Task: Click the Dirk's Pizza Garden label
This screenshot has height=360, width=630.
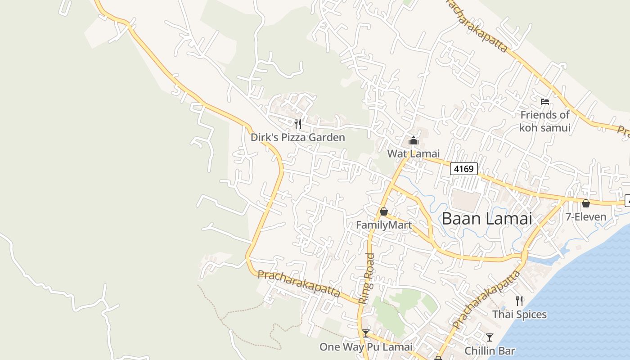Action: click(297, 137)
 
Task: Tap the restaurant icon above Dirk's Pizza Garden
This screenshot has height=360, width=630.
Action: click(297, 124)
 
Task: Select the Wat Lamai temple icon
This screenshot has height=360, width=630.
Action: click(413, 141)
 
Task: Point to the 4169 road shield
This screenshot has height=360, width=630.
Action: click(463, 169)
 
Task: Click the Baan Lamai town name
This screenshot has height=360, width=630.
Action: click(486, 219)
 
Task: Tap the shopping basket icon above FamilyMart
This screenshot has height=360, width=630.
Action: click(383, 211)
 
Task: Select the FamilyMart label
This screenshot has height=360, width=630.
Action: click(383, 225)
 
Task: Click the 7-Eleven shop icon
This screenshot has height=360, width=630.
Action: click(585, 203)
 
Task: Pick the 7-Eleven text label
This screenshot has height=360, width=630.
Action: click(585, 217)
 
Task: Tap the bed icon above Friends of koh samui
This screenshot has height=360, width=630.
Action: click(544, 102)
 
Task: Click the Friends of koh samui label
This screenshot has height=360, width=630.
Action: click(544, 121)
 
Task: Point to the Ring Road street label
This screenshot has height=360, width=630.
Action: click(367, 278)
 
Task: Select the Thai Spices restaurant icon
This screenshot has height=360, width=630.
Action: click(519, 301)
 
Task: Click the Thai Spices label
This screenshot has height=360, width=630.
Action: click(519, 314)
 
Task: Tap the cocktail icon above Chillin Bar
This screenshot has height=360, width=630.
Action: click(489, 337)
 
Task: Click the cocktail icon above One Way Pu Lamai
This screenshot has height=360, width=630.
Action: click(365, 333)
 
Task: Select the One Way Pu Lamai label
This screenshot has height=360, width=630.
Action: click(365, 347)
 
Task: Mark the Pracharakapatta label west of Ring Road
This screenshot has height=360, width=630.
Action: click(299, 283)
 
